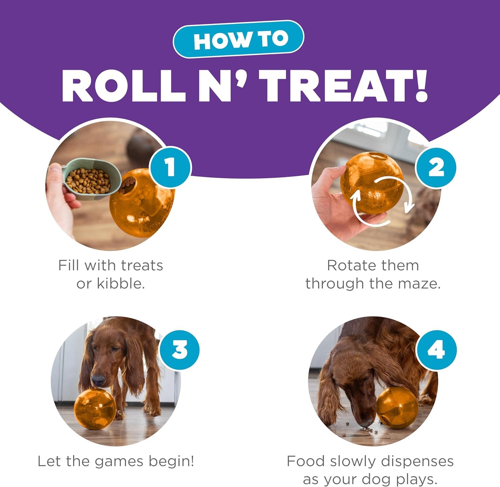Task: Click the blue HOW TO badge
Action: point(238,39)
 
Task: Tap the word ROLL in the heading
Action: point(124,86)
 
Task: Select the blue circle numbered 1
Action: point(170,167)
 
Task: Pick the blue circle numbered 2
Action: point(436,168)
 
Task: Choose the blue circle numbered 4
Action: point(436,350)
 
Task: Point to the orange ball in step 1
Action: point(142,203)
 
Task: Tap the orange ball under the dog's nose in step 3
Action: point(95,408)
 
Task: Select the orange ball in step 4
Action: point(397,407)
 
